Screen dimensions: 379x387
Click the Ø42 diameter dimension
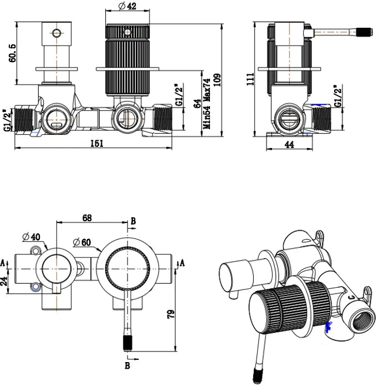[127, 6]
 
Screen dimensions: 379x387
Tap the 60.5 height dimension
[12, 53]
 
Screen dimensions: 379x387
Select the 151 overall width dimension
[97, 143]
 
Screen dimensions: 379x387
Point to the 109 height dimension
[218, 80]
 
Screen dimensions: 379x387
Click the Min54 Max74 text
[207, 104]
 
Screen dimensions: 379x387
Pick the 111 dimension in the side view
[250, 79]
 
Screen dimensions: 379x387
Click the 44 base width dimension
[289, 144]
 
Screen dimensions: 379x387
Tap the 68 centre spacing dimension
[87, 218]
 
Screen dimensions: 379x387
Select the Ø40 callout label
[31, 237]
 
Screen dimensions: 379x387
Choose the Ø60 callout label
[82, 242]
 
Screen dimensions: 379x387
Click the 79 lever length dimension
[171, 313]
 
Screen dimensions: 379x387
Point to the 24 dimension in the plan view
[3, 281]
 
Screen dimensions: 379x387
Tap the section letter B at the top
[133, 221]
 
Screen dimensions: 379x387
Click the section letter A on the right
[182, 263]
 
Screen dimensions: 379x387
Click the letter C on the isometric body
[352, 298]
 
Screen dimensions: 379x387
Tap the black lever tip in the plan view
[127, 342]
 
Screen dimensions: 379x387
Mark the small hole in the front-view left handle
[57, 33]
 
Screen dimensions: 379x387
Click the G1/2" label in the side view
[339, 96]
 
